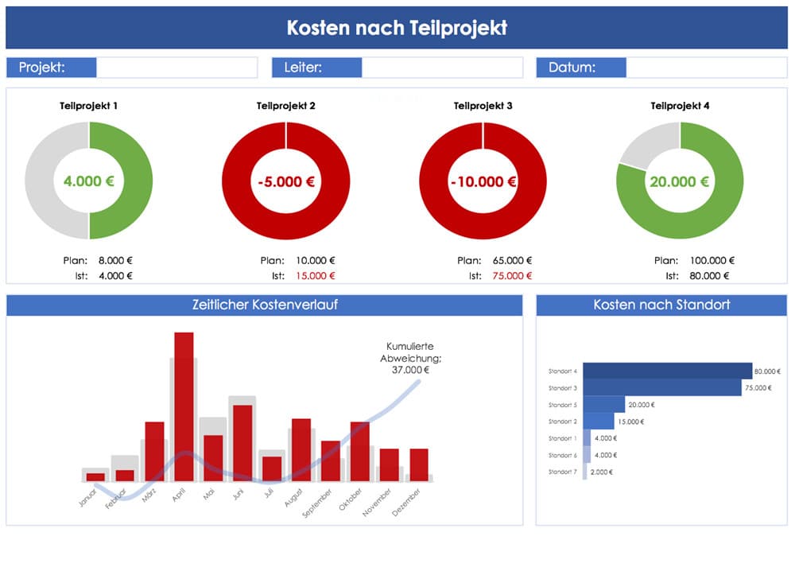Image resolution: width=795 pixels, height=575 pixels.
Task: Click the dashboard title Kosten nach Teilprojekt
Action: coord(397,28)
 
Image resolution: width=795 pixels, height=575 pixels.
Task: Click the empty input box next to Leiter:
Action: coord(442,68)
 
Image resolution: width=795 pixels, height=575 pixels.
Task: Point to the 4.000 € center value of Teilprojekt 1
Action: coord(88,181)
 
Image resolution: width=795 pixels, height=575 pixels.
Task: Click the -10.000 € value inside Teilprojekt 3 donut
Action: coord(483,181)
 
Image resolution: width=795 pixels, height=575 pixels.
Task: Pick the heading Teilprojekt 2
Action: coord(285,106)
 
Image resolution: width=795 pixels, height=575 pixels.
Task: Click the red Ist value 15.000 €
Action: coord(316,276)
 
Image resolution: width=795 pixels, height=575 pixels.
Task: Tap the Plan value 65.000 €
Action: coord(513,260)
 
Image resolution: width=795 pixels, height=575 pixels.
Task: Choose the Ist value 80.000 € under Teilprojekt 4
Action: coord(710,276)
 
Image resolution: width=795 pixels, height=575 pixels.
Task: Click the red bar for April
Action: coord(184,406)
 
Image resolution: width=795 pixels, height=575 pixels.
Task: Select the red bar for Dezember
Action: coord(419,464)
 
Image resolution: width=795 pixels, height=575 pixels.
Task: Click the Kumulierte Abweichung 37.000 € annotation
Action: coord(409,358)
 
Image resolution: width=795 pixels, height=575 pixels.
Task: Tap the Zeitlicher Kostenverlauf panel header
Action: coord(264,305)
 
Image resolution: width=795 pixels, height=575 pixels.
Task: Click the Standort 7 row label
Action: coord(563,472)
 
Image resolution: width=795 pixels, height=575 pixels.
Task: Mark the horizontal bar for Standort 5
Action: coord(604,405)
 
